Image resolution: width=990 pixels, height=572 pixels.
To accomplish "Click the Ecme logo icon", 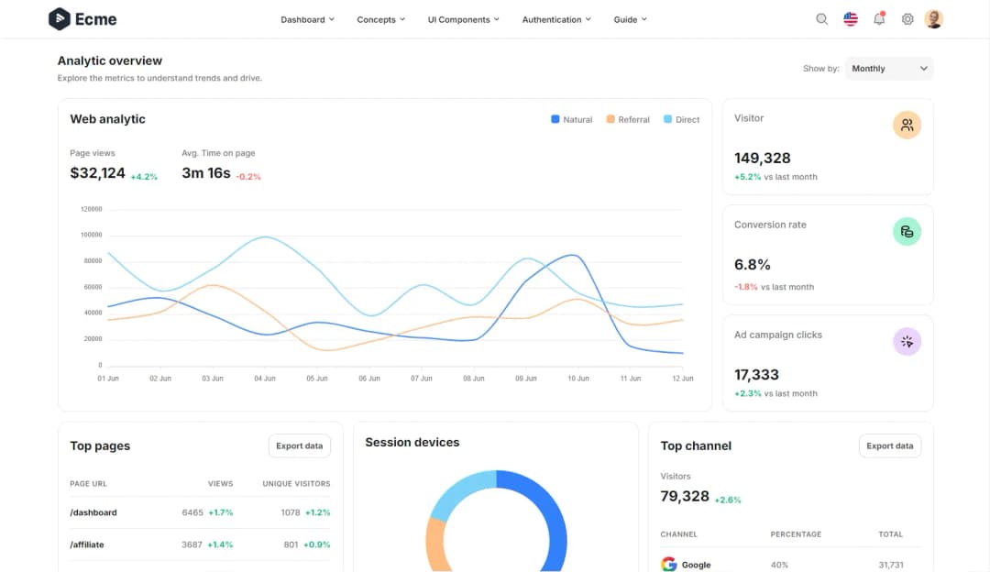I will coord(60,19).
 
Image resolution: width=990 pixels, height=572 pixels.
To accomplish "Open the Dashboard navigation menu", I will coord(307,19).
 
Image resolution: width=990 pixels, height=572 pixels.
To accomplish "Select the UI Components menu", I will coord(463,19).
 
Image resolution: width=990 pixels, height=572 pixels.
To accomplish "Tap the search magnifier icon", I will coord(821,19).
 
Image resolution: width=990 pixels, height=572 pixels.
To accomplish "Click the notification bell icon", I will coord(879,19).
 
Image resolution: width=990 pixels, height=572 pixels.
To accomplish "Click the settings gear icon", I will coord(907,19).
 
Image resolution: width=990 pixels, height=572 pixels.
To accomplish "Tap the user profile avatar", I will coord(934,19).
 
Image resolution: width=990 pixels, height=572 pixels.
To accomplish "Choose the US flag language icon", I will coord(851,19).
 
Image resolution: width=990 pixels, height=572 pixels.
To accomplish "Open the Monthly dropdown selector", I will coord(889,69).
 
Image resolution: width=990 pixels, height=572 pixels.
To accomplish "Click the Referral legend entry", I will coord(628,120).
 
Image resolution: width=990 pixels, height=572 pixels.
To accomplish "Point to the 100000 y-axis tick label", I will coord(92,235).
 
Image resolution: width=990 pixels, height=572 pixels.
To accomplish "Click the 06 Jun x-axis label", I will coord(369,379).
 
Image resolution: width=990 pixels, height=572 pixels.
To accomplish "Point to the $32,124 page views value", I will coord(97,172).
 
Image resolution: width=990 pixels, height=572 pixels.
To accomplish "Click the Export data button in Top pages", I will coord(300,446).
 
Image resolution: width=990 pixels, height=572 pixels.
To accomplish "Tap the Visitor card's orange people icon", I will coord(907,126).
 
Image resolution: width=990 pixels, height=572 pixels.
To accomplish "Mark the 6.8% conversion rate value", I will coord(753,265).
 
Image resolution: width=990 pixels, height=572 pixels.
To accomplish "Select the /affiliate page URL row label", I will coord(87,544).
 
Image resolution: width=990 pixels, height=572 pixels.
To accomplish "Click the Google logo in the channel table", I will coord(668,565).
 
